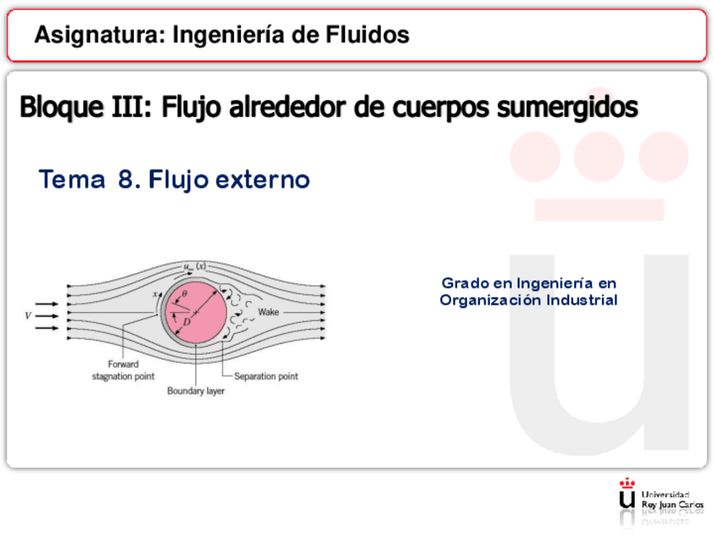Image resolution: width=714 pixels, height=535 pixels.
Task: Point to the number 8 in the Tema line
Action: point(129,179)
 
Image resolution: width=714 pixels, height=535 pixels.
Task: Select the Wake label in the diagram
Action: point(269,312)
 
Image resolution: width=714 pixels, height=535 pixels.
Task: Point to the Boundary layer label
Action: point(195,391)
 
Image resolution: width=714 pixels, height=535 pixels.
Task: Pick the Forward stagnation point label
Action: point(123,371)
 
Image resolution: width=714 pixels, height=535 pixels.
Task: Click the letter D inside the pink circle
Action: point(187,321)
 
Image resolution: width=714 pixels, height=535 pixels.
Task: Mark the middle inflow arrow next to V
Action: point(48,315)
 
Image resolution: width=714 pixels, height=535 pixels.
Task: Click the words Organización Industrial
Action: point(529,299)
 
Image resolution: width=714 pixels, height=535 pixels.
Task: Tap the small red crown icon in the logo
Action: point(626,483)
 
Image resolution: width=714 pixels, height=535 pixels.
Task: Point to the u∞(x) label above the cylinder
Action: point(194,267)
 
